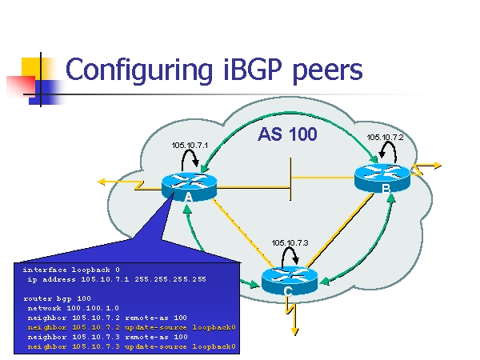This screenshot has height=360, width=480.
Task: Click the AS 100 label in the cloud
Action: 287,134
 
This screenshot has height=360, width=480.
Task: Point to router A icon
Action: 189,185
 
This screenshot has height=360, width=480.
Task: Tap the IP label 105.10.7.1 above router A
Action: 190,145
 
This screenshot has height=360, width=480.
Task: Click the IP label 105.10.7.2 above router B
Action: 385,137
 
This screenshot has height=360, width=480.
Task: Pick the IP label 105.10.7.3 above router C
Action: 290,242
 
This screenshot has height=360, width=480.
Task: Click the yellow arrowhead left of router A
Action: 102,182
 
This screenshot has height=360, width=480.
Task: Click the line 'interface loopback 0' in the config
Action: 71,270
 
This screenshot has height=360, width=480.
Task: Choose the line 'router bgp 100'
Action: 57,298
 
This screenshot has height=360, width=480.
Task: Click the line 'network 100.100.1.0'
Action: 73,308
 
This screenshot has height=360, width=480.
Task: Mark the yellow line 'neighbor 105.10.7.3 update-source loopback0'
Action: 132,346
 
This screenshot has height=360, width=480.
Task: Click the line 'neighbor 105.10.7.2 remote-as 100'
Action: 107,318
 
